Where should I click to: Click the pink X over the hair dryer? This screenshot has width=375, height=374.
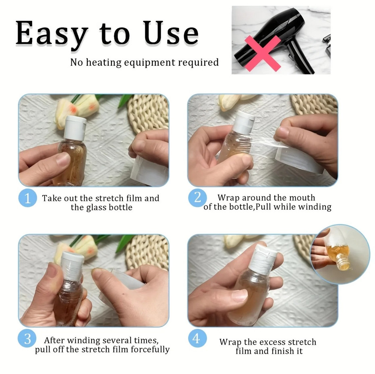(x=263, y=54)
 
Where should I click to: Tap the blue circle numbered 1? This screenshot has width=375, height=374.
(x=27, y=198)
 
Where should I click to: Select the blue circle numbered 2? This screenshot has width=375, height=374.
(x=197, y=198)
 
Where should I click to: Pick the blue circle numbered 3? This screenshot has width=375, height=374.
(x=27, y=339)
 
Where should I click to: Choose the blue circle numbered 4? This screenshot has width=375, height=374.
(x=197, y=339)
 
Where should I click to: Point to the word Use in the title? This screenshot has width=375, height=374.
(x=171, y=33)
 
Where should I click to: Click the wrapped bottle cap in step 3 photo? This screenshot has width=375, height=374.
(x=73, y=265)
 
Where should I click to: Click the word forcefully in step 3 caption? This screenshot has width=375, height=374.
(x=150, y=349)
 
